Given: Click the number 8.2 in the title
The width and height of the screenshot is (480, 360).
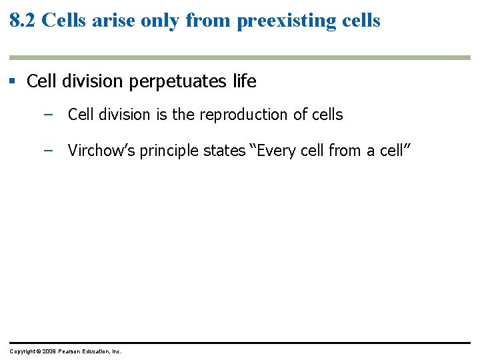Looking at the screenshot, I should [x=23, y=20].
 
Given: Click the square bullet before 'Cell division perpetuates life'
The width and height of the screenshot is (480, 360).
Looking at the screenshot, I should [x=12, y=81].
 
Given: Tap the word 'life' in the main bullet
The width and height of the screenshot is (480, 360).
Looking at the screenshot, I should [x=243, y=81].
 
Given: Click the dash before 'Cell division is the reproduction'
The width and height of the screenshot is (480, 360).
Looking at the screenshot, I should [x=47, y=115].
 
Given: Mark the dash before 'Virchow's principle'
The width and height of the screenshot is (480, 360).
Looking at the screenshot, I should [x=47, y=151].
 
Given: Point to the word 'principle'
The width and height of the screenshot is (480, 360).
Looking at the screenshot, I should [x=167, y=151].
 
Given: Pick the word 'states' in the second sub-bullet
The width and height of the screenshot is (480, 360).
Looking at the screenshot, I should [x=223, y=151].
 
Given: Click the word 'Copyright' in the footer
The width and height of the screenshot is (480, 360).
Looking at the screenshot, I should [x=23, y=351].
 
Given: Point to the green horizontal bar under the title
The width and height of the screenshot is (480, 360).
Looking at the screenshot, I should [x=240, y=58].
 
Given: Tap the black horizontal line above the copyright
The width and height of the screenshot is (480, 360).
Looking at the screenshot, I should [x=240, y=343].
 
